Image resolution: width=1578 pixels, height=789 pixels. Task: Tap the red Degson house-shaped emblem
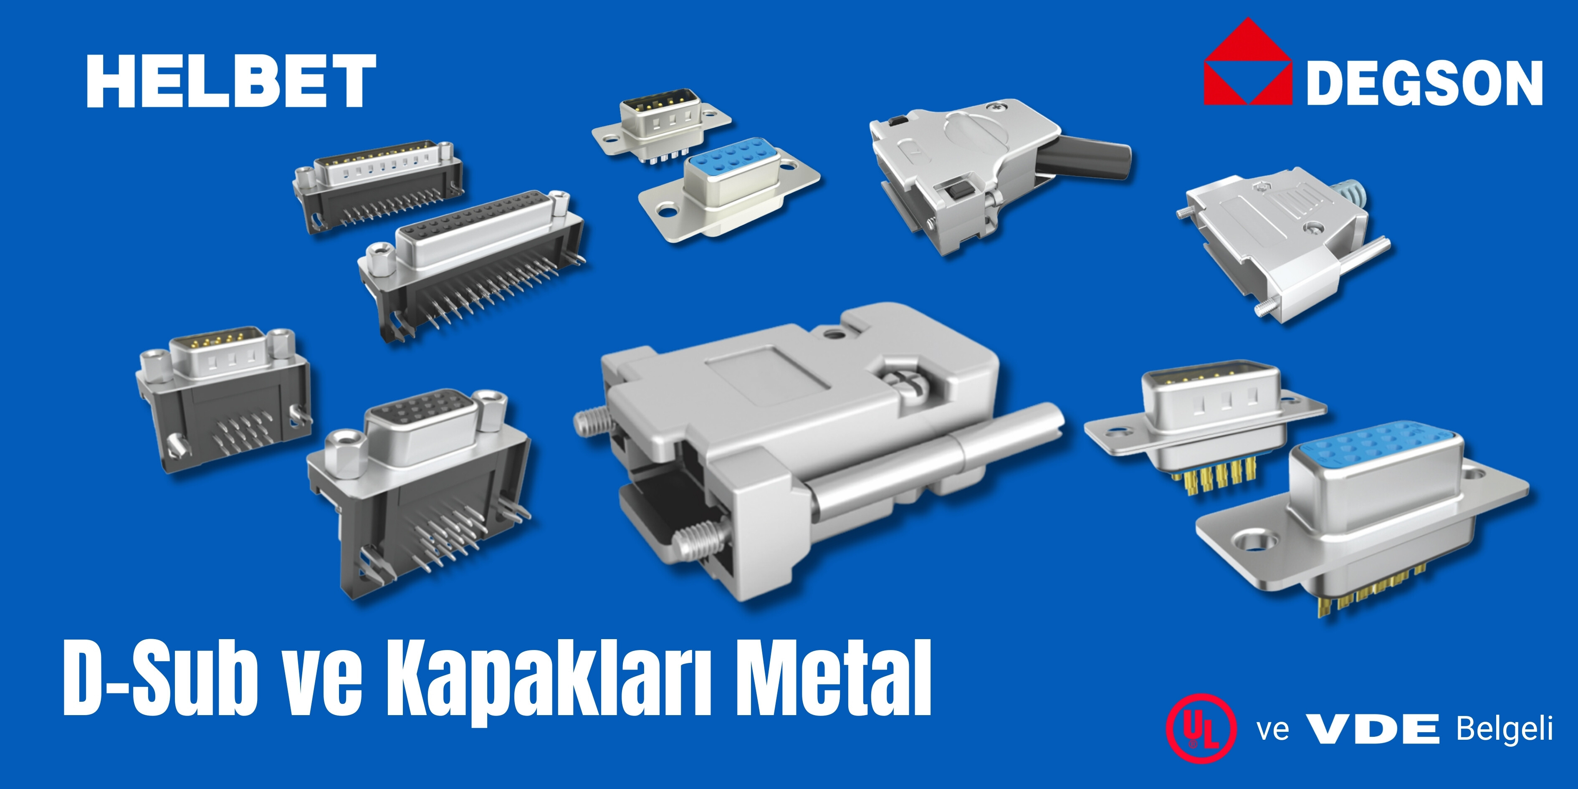pos(1248,61)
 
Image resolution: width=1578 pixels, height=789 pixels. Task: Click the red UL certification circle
pos(1201,728)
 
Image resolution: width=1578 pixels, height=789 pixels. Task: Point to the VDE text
pos(1373,729)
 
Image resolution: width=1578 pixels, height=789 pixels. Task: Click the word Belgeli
pos(1505,729)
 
